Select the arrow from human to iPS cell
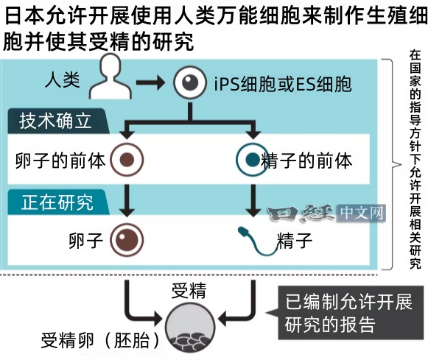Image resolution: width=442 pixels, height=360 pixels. (x=152, y=81)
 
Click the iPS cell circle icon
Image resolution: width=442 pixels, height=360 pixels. (x=190, y=81)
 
